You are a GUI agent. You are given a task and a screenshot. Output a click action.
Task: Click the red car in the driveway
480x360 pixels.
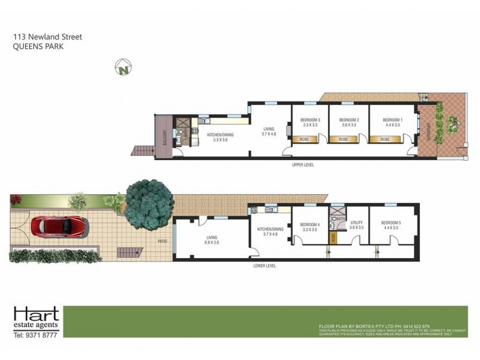(x=62, y=226)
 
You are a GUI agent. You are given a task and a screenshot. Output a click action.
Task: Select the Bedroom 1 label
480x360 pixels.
(x=392, y=120)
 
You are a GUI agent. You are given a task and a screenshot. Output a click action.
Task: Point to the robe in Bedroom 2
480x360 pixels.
(x=343, y=139)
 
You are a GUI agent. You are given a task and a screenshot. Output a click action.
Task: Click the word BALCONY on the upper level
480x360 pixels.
(x=163, y=136)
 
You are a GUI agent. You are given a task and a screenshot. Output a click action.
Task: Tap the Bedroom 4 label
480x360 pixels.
(x=310, y=224)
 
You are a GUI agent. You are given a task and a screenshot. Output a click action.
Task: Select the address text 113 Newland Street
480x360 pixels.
(x=47, y=37)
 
